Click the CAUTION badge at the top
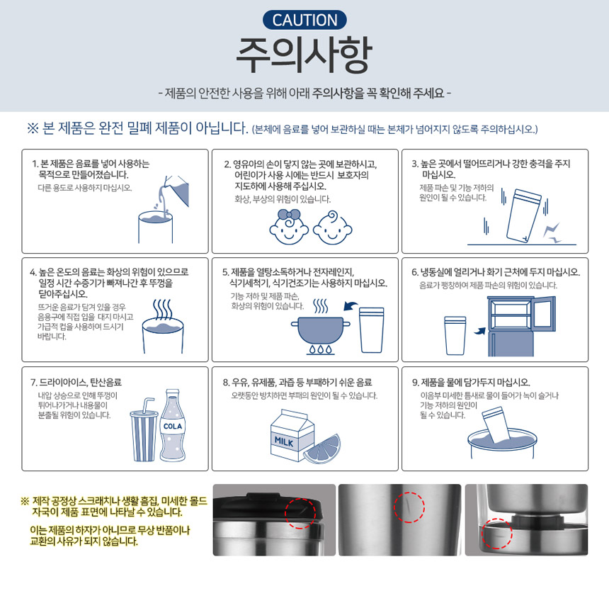(x=304, y=20)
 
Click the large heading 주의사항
(x=304, y=55)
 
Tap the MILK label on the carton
(x=284, y=441)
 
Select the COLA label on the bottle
(x=173, y=427)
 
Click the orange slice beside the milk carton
(x=322, y=449)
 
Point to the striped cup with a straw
(x=144, y=432)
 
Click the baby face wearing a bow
(x=289, y=227)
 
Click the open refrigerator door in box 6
(x=544, y=313)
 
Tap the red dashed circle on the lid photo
(x=300, y=513)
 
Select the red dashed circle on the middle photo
(x=409, y=507)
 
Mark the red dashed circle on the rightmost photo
(x=496, y=534)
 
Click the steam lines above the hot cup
(x=162, y=309)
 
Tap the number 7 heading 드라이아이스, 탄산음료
(x=76, y=383)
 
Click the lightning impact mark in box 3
(x=552, y=233)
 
